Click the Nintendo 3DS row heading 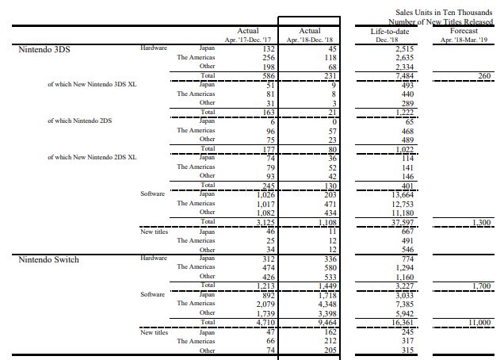[x=44, y=49]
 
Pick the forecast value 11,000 [x=478, y=323]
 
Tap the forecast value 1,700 [x=481, y=285]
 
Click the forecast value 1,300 [x=481, y=222]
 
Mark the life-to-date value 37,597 [x=391, y=222]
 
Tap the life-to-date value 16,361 [x=391, y=323]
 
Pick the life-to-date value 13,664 [x=391, y=194]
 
